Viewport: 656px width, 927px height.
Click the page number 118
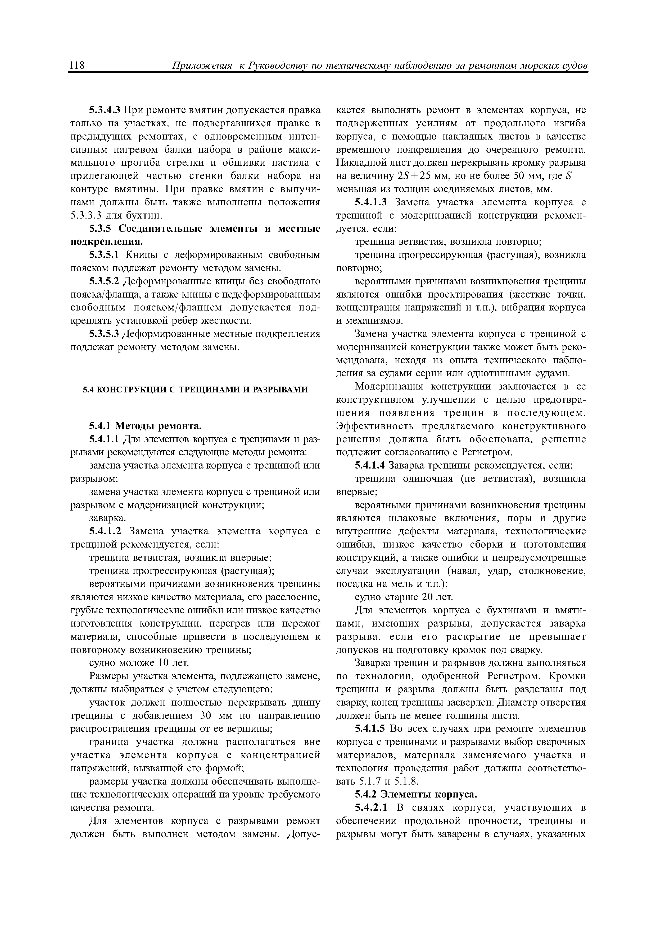coord(76,66)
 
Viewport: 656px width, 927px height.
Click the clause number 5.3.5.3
coord(105,334)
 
